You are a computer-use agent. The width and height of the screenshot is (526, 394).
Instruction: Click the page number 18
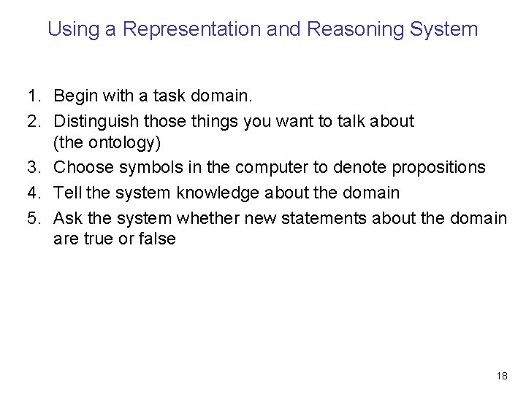501,376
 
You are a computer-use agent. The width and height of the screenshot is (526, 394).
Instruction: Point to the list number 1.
32,96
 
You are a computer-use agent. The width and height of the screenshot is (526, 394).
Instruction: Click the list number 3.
32,168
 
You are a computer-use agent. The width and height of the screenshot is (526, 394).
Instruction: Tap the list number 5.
32,217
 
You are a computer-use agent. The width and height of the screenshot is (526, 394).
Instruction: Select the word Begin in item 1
75,96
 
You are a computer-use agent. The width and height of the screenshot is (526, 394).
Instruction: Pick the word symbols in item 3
145,168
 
